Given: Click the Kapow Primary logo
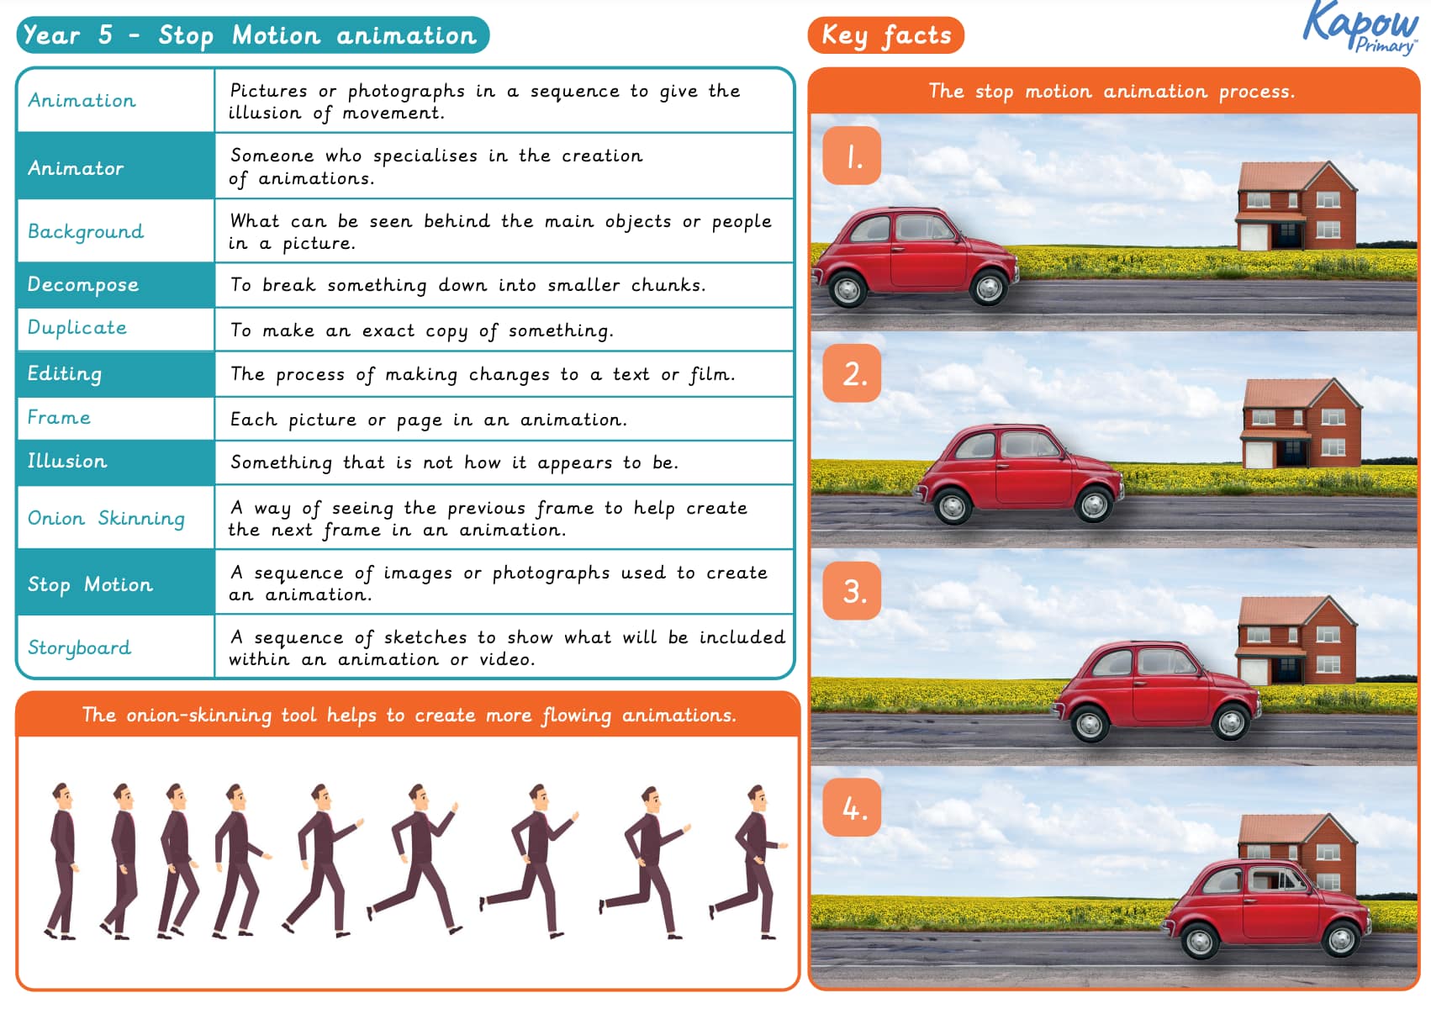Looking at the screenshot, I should click(1360, 28).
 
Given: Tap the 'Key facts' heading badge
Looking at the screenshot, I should click(885, 35).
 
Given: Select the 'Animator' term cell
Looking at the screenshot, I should click(115, 167).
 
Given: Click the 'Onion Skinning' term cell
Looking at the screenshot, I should click(115, 518).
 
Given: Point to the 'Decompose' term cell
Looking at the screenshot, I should click(115, 285).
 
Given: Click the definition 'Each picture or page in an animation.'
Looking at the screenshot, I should click(429, 420).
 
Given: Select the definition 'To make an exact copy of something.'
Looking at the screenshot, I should click(422, 330).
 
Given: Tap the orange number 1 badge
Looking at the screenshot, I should click(852, 156).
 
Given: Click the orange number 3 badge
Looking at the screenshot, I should click(852, 591).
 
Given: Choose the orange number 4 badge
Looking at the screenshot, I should click(852, 808).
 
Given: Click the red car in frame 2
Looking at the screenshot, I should click(1017, 475).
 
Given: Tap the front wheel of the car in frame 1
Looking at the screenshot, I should click(988, 288).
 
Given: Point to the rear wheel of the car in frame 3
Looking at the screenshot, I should click(1089, 724).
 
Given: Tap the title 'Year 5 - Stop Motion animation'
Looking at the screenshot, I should click(251, 35).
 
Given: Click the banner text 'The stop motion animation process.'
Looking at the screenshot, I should click(1112, 91).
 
